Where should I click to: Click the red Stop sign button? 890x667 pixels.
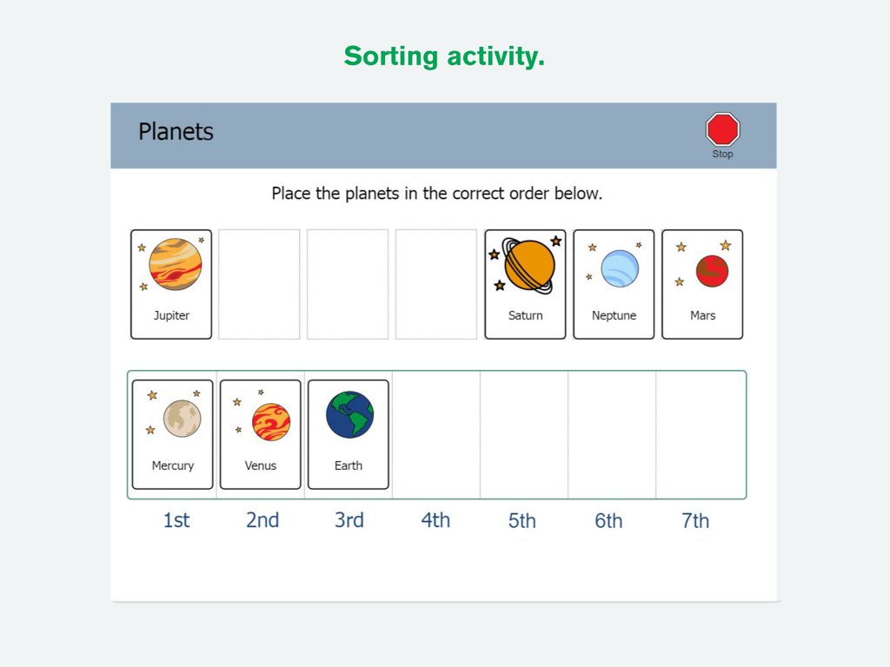[722, 130]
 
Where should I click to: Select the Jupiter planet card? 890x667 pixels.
[171, 284]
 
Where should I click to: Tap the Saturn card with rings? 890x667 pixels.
[525, 284]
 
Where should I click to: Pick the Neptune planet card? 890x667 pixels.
[614, 284]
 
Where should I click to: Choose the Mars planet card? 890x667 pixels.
[702, 284]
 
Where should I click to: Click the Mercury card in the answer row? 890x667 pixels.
[172, 434]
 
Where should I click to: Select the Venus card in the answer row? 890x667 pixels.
[261, 434]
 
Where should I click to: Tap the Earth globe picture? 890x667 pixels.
[349, 415]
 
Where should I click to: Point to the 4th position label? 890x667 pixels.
[435, 520]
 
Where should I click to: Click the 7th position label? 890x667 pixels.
[695, 520]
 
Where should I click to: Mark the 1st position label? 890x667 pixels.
[176, 520]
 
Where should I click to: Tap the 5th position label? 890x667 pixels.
[522, 520]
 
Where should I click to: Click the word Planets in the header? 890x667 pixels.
[176, 132]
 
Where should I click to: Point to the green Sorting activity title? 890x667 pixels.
[444, 56]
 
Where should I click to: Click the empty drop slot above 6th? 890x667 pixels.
[611, 434]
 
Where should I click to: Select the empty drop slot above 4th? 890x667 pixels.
[436, 434]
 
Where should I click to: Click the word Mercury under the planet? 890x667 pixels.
[172, 466]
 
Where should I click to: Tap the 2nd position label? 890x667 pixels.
[262, 520]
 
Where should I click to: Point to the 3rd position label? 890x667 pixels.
[349, 520]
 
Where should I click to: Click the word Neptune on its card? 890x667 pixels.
[614, 315]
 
